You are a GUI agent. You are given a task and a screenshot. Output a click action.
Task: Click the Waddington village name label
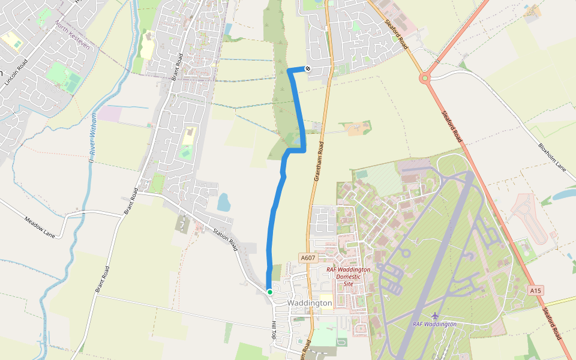coord(310,303)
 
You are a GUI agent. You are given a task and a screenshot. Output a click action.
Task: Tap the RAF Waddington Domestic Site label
coord(348,277)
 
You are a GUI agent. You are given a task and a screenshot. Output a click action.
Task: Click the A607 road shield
coord(308,258)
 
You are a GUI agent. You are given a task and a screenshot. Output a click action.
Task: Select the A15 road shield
coord(536,290)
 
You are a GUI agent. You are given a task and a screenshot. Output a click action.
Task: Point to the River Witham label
coord(93,134)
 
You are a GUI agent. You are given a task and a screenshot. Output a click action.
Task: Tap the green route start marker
coord(270,292)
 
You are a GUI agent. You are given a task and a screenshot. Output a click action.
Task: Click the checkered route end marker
coord(308,68)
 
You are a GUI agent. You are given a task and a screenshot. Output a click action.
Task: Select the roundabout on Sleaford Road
coord(425,77)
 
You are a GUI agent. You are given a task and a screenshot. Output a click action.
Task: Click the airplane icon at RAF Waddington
coord(435,316)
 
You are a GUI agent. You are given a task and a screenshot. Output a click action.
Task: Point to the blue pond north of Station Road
coord(223,202)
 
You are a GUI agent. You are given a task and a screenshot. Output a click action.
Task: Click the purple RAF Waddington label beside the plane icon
coord(434,324)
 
